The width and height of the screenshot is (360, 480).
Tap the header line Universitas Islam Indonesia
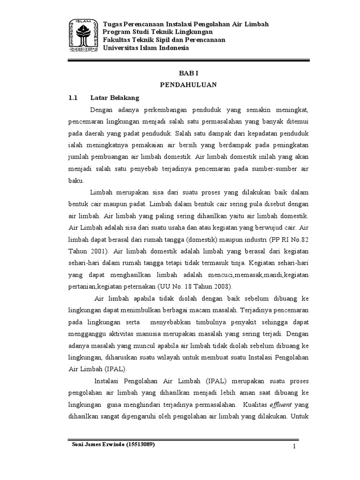(x=146, y=48)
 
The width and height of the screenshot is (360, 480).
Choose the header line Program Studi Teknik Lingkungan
(x=158, y=32)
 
